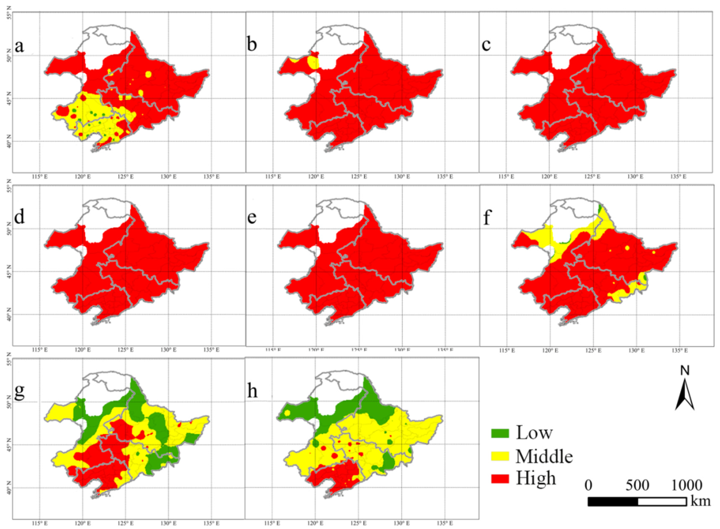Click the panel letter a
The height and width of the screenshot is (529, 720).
click(19, 46)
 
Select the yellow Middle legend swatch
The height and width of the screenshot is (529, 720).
click(500, 456)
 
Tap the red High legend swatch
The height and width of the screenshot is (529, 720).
click(500, 479)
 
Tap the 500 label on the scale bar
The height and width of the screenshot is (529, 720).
click(637, 485)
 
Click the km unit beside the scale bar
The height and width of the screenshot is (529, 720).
click(701, 501)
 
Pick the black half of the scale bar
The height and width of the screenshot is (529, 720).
click(613, 501)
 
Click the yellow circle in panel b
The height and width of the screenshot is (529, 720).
click(313, 62)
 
